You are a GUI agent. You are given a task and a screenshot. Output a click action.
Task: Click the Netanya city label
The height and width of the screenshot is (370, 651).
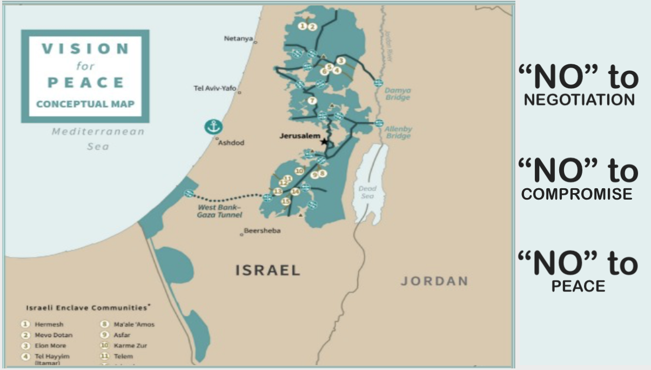point(238,38)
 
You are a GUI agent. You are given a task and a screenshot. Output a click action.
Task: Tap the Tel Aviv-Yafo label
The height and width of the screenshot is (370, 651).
point(215,88)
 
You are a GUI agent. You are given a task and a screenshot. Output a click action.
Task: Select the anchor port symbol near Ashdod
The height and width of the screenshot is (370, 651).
point(213,127)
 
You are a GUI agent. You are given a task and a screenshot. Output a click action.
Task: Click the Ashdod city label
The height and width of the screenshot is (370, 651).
point(231,142)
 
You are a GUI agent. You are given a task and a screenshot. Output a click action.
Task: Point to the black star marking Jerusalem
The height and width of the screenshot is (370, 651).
point(324,142)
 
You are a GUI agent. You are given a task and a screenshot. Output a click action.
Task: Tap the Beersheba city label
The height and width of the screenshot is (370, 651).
point(262,230)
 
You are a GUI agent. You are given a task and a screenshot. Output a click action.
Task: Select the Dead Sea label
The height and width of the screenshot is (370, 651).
point(367,192)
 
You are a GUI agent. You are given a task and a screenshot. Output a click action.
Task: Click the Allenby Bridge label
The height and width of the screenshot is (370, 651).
point(398,133)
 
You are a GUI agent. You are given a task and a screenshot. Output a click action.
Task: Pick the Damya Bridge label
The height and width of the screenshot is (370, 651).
point(398,94)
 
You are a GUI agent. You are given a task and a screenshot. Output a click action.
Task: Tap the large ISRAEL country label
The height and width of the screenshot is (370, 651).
point(267,270)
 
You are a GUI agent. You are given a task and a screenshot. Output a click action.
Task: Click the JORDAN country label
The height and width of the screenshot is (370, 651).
point(434,281)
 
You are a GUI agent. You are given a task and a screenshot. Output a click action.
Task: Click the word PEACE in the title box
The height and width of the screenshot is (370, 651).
point(86,83)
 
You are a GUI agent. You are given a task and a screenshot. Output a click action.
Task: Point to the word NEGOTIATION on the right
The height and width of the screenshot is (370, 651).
point(579,100)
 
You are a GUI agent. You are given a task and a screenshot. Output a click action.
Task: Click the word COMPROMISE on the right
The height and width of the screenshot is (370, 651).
point(576,194)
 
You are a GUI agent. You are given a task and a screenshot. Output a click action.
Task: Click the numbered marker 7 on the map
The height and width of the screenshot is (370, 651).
point(312,101)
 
